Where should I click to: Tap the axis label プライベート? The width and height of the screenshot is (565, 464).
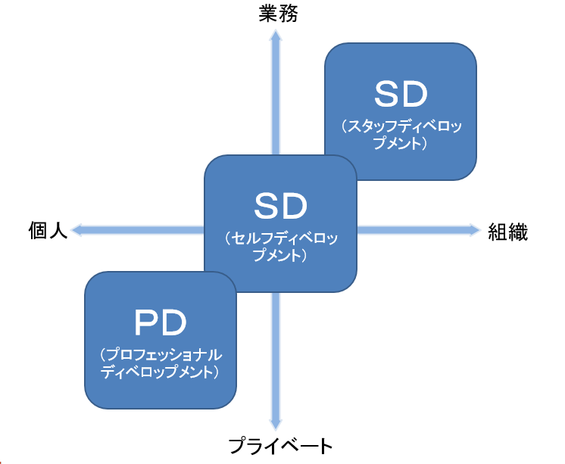click(x=281, y=446)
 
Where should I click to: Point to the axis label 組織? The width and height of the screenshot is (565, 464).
click(x=507, y=232)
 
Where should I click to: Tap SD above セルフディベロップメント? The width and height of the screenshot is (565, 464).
click(x=280, y=205)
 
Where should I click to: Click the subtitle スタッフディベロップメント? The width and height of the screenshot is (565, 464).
click(x=401, y=133)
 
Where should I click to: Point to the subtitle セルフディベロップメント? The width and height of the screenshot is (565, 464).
click(x=280, y=248)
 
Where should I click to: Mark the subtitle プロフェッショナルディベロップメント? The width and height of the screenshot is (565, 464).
click(x=160, y=363)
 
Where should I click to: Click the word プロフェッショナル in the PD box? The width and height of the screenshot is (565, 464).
click(x=160, y=354)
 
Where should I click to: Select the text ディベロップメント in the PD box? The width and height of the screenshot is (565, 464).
click(x=160, y=372)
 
